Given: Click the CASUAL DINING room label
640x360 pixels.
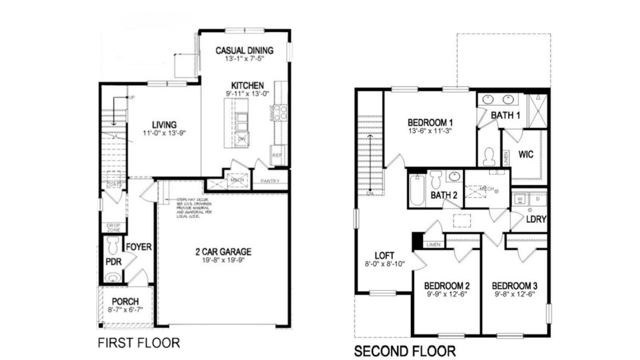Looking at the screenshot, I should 244,50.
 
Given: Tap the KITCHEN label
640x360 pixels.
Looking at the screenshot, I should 248,86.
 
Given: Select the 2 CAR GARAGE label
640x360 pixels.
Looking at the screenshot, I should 223,252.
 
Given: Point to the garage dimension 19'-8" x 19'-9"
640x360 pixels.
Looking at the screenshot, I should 223,260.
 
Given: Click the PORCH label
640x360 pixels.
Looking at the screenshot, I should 125,302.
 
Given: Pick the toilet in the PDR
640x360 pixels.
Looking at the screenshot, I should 114,244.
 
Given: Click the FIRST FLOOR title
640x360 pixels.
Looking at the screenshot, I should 139,343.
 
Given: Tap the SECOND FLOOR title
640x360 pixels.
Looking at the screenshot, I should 405,351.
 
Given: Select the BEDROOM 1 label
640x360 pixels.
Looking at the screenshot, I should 430,122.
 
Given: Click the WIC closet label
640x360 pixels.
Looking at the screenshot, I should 526,154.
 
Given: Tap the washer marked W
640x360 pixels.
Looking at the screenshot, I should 520,198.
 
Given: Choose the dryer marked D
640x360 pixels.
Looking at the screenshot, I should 538,198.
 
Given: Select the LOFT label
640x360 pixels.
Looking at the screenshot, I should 384,256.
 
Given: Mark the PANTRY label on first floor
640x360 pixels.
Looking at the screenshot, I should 270,181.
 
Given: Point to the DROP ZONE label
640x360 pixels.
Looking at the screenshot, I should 114,228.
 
